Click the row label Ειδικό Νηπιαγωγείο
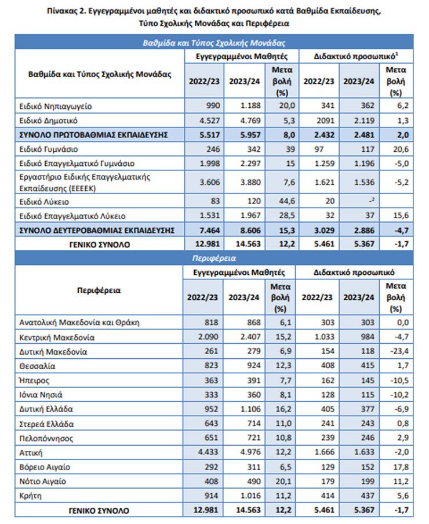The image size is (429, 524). pyautogui.click(x=56, y=106)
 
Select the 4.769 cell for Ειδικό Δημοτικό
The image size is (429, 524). pyautogui.click(x=250, y=121)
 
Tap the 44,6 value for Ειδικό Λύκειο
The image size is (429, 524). pyautogui.click(x=287, y=201)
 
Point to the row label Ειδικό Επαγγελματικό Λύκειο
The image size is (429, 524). pyautogui.click(x=72, y=216)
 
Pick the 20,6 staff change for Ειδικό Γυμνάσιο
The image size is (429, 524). pyautogui.click(x=401, y=149)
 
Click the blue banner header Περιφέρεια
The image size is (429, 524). pyautogui.click(x=214, y=259)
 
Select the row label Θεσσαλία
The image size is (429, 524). pyautogui.click(x=37, y=366)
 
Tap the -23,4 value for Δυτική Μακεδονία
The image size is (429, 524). pyautogui.click(x=399, y=351)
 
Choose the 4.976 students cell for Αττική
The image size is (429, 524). pyautogui.click(x=250, y=452)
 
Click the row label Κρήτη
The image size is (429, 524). pyautogui.click(x=30, y=496)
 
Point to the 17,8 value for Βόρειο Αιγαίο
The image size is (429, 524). pyautogui.click(x=401, y=467)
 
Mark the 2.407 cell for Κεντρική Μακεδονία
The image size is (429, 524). pyautogui.click(x=250, y=337)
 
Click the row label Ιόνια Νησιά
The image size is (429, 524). pyautogui.click(x=41, y=395)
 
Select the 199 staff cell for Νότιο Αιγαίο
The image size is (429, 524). pyautogui.click(x=368, y=481)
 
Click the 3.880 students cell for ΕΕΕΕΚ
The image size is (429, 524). pyautogui.click(x=250, y=182)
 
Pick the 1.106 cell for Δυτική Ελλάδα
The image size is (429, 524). pyautogui.click(x=250, y=409)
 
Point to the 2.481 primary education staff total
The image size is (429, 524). pyautogui.click(x=364, y=135)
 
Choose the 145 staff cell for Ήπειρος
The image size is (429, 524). pyautogui.click(x=368, y=380)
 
